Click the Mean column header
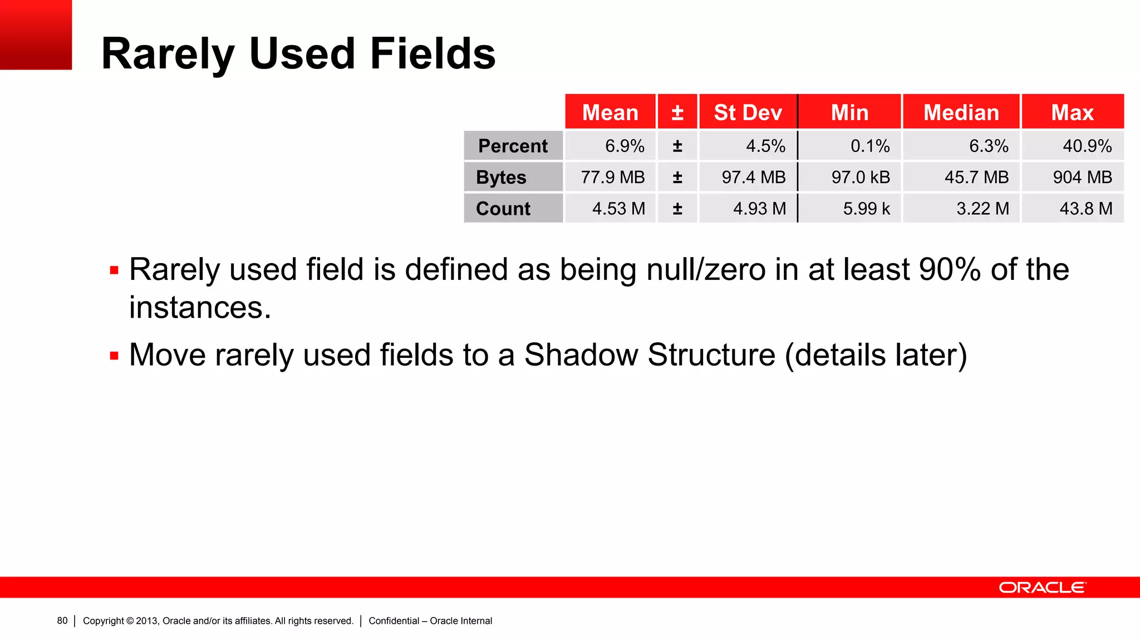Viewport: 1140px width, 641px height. [610, 112]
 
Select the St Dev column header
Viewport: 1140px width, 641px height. [748, 112]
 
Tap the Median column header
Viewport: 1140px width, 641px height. [961, 112]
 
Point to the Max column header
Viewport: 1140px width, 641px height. [1072, 112]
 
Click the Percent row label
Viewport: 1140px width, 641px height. [513, 146]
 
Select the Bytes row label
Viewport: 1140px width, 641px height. [501, 177]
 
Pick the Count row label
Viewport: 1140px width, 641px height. [503, 209]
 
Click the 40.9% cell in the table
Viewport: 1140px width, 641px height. [1087, 146]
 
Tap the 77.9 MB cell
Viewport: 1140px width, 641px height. [612, 177]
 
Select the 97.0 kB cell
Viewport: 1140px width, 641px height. [861, 177]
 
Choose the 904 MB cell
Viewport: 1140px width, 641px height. [1082, 177]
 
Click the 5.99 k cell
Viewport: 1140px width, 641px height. [866, 209]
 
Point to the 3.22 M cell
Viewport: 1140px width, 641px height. [982, 209]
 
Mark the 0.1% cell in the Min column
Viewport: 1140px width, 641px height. [869, 146]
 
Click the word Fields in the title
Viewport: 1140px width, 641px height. [433, 53]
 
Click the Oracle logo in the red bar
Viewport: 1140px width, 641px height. [1042, 588]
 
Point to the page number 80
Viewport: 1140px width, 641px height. [62, 621]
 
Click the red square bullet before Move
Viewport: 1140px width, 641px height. [115, 356]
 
